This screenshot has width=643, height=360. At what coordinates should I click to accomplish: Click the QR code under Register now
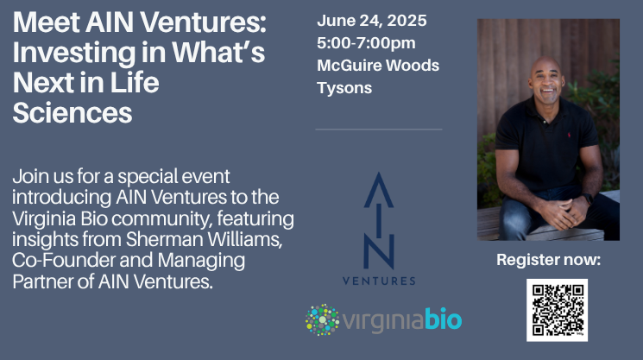point(557,310)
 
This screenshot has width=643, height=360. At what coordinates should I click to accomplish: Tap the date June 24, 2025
point(371,21)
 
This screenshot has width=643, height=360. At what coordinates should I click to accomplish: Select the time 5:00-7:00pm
point(366,43)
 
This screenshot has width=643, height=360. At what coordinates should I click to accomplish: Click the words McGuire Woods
point(378,66)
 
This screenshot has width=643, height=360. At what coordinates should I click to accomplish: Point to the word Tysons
point(344,88)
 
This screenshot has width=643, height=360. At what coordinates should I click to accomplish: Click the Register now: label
point(548,260)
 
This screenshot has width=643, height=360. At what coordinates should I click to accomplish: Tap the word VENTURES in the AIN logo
point(379,281)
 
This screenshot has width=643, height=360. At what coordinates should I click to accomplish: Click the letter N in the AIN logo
point(379,252)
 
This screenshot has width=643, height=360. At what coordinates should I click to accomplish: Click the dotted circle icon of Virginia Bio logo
point(322,319)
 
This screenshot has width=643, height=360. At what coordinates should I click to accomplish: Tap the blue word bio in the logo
point(444,319)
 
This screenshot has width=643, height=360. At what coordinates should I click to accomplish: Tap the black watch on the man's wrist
point(587,199)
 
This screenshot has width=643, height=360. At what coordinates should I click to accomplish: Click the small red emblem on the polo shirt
point(569,135)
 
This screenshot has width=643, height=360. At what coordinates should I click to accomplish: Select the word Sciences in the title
point(72,112)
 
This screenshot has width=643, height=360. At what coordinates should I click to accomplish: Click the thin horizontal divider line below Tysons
point(379,129)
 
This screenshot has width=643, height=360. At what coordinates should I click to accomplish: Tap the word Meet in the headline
point(46,22)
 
